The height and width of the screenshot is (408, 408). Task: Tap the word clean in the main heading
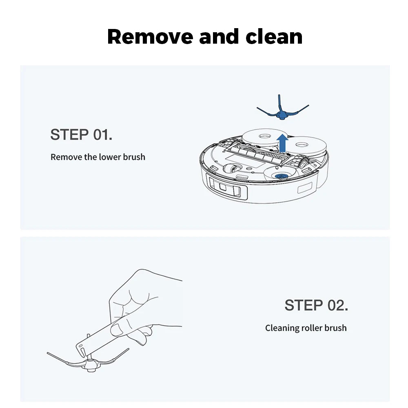[x=274, y=37]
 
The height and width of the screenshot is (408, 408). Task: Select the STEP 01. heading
[x=81, y=135]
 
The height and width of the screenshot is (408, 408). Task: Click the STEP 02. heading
[x=316, y=305]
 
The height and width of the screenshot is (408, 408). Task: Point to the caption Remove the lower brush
[x=98, y=157]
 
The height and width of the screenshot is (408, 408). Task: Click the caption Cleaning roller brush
[x=306, y=328]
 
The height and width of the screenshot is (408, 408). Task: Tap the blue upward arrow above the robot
[x=282, y=143]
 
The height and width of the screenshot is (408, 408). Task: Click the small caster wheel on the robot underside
[x=231, y=169]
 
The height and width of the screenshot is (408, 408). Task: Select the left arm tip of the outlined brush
[x=48, y=353]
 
